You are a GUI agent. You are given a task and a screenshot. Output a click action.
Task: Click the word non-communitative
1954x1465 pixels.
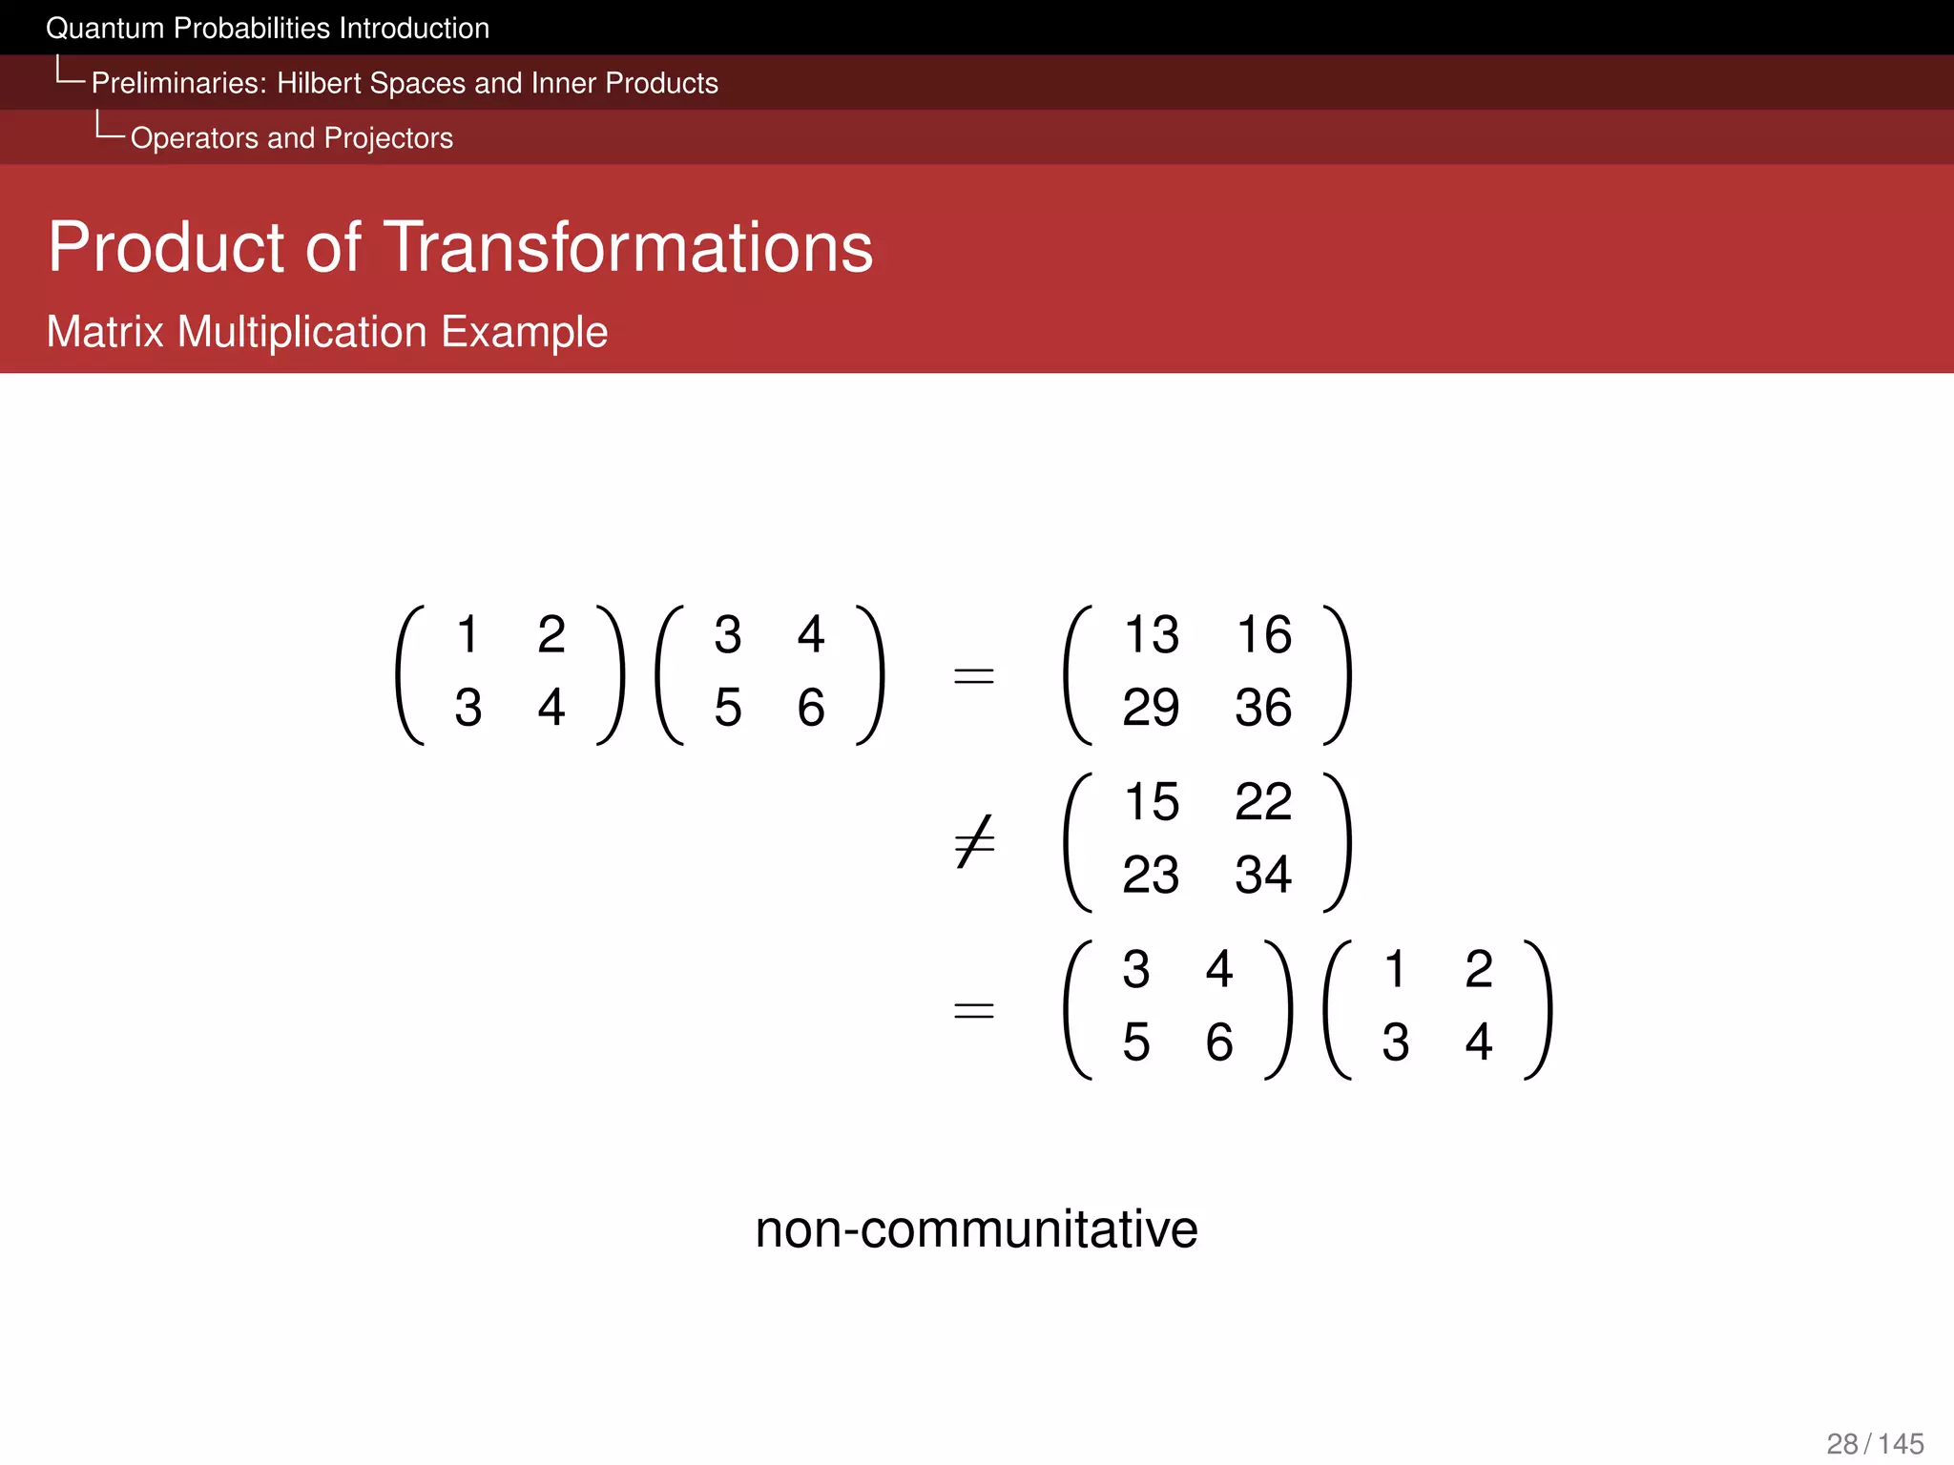[x=976, y=1228]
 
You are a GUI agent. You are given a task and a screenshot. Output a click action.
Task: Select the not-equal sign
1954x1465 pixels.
[x=974, y=842]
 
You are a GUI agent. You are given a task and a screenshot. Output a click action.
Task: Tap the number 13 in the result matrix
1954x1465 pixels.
[x=1152, y=635]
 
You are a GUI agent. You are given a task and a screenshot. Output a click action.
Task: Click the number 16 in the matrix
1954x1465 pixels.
[x=1263, y=635]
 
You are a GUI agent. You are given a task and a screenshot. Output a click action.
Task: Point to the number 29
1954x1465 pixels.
[x=1152, y=708]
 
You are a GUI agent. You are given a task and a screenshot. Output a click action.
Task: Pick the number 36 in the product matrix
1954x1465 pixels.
[x=1263, y=708]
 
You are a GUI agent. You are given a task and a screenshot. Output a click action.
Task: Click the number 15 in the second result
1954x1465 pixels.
[x=1152, y=802]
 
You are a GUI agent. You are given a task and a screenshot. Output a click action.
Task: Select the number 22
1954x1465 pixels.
[x=1263, y=802]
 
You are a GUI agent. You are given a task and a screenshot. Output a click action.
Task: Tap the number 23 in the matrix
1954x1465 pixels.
[x=1152, y=875]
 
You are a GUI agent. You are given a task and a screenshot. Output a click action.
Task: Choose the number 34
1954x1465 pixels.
[x=1263, y=875]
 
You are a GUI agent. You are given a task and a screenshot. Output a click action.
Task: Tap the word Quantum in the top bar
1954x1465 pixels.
[x=105, y=29]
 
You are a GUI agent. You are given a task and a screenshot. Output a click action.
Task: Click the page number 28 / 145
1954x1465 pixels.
[x=1875, y=1444]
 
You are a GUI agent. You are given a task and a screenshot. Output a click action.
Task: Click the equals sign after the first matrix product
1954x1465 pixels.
[x=974, y=676]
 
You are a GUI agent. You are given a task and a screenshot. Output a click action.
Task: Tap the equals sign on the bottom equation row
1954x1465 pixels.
[x=974, y=1010]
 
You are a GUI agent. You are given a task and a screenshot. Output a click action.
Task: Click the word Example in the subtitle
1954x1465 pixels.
[x=524, y=333]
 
